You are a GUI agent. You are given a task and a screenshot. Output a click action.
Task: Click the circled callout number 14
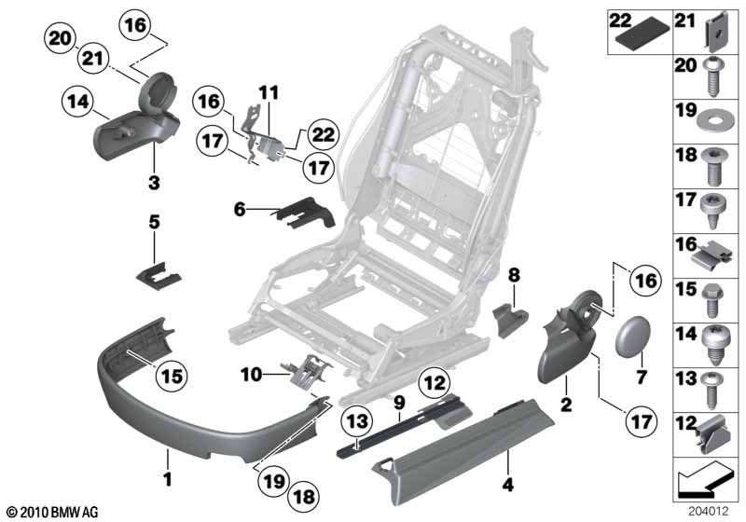pos(79,102)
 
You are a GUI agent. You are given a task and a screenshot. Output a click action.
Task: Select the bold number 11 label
pos(269,93)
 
